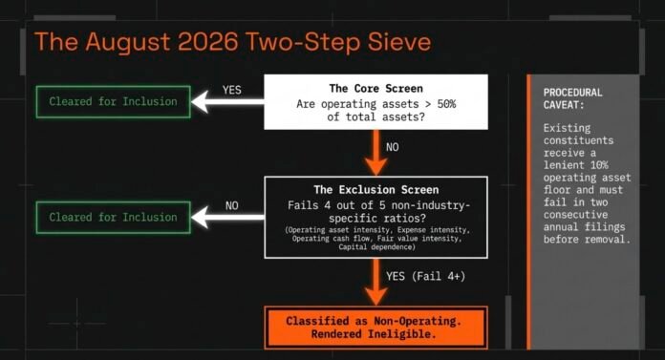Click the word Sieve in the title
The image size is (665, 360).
click(x=399, y=42)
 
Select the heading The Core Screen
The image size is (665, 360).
click(x=375, y=88)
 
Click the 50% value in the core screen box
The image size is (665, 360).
click(x=446, y=104)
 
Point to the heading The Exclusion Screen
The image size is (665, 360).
click(x=375, y=189)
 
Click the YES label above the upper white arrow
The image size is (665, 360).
click(x=231, y=90)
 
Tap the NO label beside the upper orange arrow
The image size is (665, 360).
click(x=393, y=147)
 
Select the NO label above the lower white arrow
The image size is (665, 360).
click(x=231, y=205)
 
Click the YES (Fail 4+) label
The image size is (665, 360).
click(x=425, y=277)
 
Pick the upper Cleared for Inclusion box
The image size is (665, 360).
click(x=114, y=102)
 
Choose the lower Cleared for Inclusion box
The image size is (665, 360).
click(x=114, y=218)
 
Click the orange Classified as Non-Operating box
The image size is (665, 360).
click(x=375, y=328)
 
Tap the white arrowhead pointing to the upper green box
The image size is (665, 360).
click(x=200, y=102)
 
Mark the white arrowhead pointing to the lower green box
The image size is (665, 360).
click(x=200, y=218)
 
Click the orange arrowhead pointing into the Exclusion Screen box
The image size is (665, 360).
click(x=375, y=167)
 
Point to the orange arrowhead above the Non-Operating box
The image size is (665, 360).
click(x=375, y=297)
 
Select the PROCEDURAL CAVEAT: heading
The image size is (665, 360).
click(x=572, y=98)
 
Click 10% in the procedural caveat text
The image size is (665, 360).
click(x=599, y=165)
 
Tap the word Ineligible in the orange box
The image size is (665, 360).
click(x=402, y=334)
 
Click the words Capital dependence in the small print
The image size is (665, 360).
click(x=375, y=246)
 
